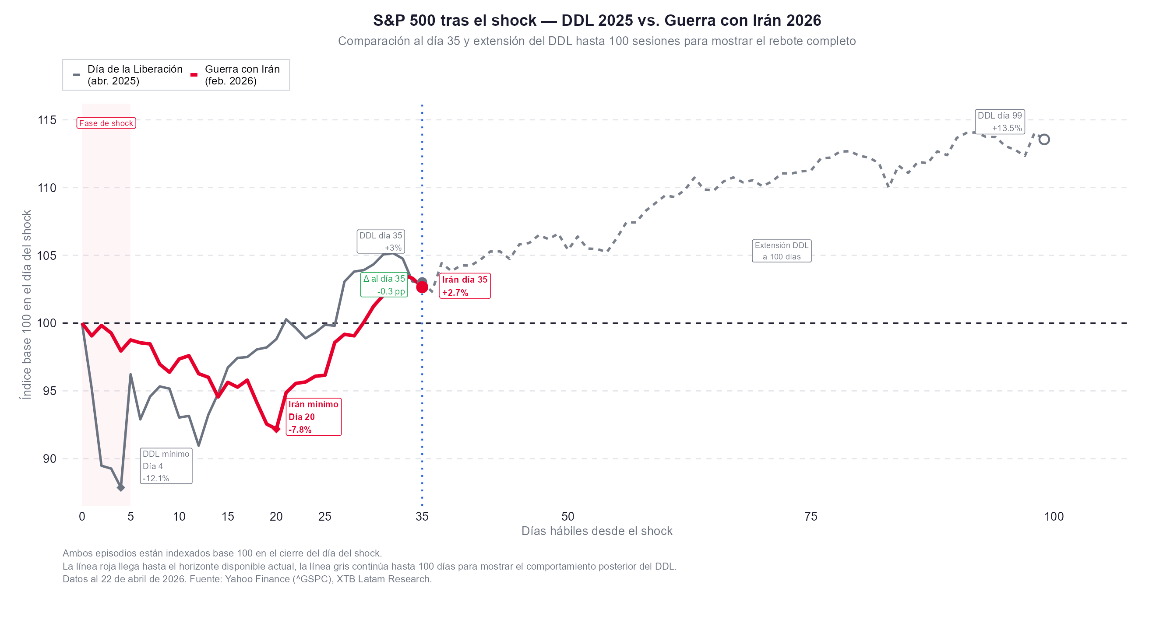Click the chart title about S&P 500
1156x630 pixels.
click(597, 21)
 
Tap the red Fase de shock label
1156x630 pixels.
click(106, 123)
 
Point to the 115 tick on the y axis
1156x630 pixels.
click(47, 120)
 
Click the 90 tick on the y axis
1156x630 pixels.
click(49, 458)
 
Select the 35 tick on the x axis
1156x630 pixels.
click(422, 517)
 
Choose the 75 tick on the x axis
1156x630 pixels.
click(811, 517)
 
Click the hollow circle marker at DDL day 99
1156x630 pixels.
click(1044, 140)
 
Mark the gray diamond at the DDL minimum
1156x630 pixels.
click(121, 487)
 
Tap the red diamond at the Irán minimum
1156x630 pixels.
click(276, 430)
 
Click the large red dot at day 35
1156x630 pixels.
click(422, 287)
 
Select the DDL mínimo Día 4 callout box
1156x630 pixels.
click(166, 466)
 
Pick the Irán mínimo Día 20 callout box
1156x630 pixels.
click(313, 416)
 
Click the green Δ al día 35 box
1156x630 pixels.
click(384, 285)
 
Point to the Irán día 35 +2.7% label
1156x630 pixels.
click(465, 286)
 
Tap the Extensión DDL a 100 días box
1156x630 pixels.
click(781, 251)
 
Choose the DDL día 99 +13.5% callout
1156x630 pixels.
click(999, 122)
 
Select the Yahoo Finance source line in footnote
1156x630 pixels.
click(247, 579)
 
